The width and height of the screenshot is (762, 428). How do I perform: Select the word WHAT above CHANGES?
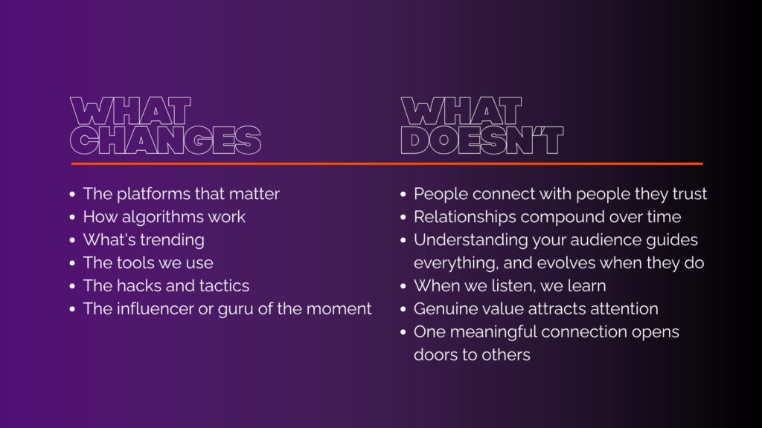tap(131, 111)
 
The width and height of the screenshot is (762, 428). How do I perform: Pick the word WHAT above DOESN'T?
tap(461, 111)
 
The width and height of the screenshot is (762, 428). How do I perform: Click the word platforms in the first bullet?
tap(149, 194)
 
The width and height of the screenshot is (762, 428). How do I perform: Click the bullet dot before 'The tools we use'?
tap(72, 263)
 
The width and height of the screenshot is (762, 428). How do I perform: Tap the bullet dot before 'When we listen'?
tap(403, 286)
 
